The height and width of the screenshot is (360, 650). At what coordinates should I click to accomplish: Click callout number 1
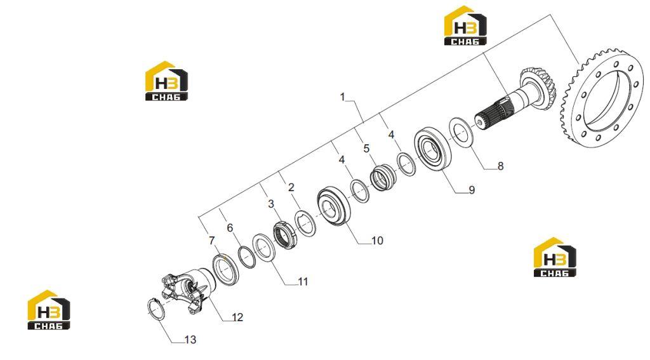342,97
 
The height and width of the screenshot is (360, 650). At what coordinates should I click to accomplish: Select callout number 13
190,340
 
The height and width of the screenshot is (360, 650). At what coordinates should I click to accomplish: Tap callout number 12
237,317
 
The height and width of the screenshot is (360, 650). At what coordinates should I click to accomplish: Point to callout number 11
303,282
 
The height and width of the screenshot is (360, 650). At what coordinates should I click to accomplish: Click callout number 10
377,241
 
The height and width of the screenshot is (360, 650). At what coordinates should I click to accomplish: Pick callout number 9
472,190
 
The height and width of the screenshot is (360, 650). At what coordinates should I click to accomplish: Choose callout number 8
500,166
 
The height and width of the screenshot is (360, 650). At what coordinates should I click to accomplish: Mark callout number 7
212,241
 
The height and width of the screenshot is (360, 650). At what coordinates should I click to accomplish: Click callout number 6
230,228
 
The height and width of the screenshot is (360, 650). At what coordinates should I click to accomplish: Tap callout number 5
366,149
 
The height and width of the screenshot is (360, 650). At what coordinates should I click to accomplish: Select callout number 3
270,204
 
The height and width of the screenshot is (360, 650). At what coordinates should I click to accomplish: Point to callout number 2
291,187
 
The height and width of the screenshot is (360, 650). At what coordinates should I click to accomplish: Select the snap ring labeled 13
150,309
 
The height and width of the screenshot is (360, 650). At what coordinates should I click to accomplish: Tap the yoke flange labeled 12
189,290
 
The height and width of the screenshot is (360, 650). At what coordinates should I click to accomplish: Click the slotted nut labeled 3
286,235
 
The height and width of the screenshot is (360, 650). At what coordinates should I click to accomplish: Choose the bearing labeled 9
430,149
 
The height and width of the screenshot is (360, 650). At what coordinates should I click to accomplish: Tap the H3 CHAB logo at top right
465,25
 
